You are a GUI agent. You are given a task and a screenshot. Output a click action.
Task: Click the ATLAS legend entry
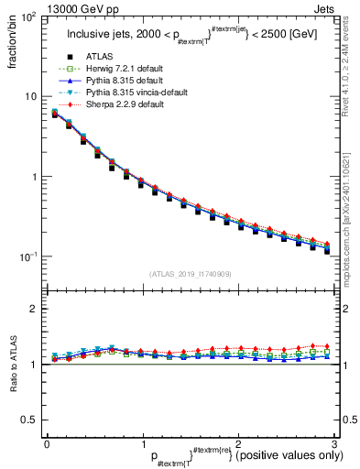point(103,58)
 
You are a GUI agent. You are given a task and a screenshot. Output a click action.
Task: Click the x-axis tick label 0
point(48,443)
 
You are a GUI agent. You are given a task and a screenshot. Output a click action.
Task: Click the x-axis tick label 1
point(143,443)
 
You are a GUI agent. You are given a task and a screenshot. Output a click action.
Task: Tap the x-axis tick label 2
point(238,443)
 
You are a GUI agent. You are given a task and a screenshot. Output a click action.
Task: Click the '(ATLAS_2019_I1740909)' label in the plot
point(190,274)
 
